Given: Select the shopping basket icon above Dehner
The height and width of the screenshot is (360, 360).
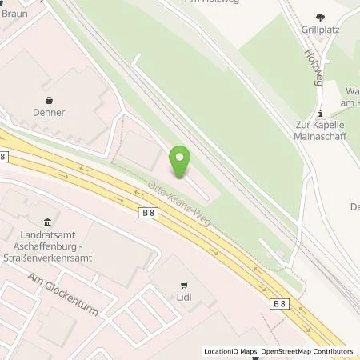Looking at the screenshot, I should (50, 101).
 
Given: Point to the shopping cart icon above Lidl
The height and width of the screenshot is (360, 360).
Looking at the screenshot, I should (186, 284).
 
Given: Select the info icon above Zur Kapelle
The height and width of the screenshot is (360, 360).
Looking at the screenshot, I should (319, 113).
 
